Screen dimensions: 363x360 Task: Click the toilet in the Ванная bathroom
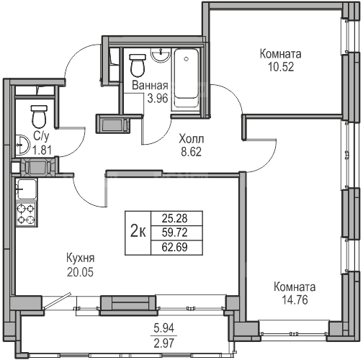(138, 65)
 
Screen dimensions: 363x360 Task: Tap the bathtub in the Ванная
(186, 79)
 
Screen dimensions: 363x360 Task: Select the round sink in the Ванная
(161, 55)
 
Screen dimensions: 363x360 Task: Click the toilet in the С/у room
(39, 117)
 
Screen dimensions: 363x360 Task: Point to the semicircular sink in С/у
(22, 145)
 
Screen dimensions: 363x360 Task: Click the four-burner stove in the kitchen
(26, 214)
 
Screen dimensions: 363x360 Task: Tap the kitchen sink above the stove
(26, 189)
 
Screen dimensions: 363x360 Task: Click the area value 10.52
(281, 67)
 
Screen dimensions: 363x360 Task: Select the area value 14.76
(295, 300)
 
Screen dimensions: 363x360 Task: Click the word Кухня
(81, 258)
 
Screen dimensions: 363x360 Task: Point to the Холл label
(192, 139)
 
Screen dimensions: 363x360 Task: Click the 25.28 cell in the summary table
(174, 218)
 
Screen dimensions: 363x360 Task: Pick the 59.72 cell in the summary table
(174, 233)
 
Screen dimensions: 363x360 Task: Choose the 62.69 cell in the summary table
(174, 247)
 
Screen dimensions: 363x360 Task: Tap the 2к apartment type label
(138, 232)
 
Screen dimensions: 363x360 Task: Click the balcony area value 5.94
(164, 328)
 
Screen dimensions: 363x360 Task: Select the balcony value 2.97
(164, 343)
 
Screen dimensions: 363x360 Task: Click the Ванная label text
(150, 86)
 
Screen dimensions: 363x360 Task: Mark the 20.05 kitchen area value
(80, 272)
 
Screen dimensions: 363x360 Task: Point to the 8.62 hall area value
(191, 152)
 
